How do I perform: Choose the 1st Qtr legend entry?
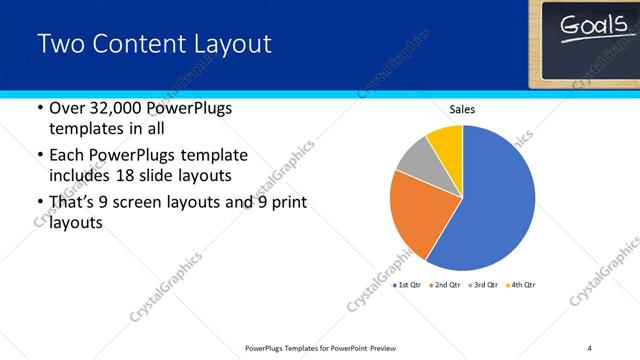[x=408, y=285]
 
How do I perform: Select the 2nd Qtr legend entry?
[x=445, y=285]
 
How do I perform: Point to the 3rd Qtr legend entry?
[x=483, y=285]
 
